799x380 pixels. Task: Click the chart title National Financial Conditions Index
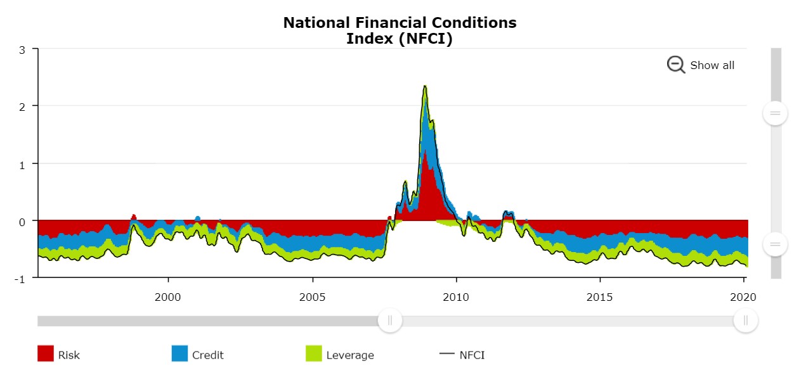pos(399,30)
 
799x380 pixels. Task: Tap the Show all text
pos(712,65)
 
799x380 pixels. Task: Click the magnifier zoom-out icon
pos(675,65)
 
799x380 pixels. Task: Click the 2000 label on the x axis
pos(168,296)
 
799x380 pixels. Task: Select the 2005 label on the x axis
pos(312,296)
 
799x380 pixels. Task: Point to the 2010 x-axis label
pos(456,296)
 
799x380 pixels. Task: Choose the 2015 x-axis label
pos(600,296)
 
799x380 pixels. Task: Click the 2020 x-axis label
pos(743,296)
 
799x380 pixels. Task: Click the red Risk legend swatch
pos(46,354)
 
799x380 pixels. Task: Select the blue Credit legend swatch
pos(179,354)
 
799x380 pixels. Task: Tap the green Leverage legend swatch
pos(314,354)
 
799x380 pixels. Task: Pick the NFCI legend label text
pos(472,355)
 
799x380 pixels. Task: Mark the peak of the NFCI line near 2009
pos(425,86)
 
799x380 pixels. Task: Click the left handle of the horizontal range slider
pos(390,320)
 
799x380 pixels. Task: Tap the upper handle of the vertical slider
pos(775,113)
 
